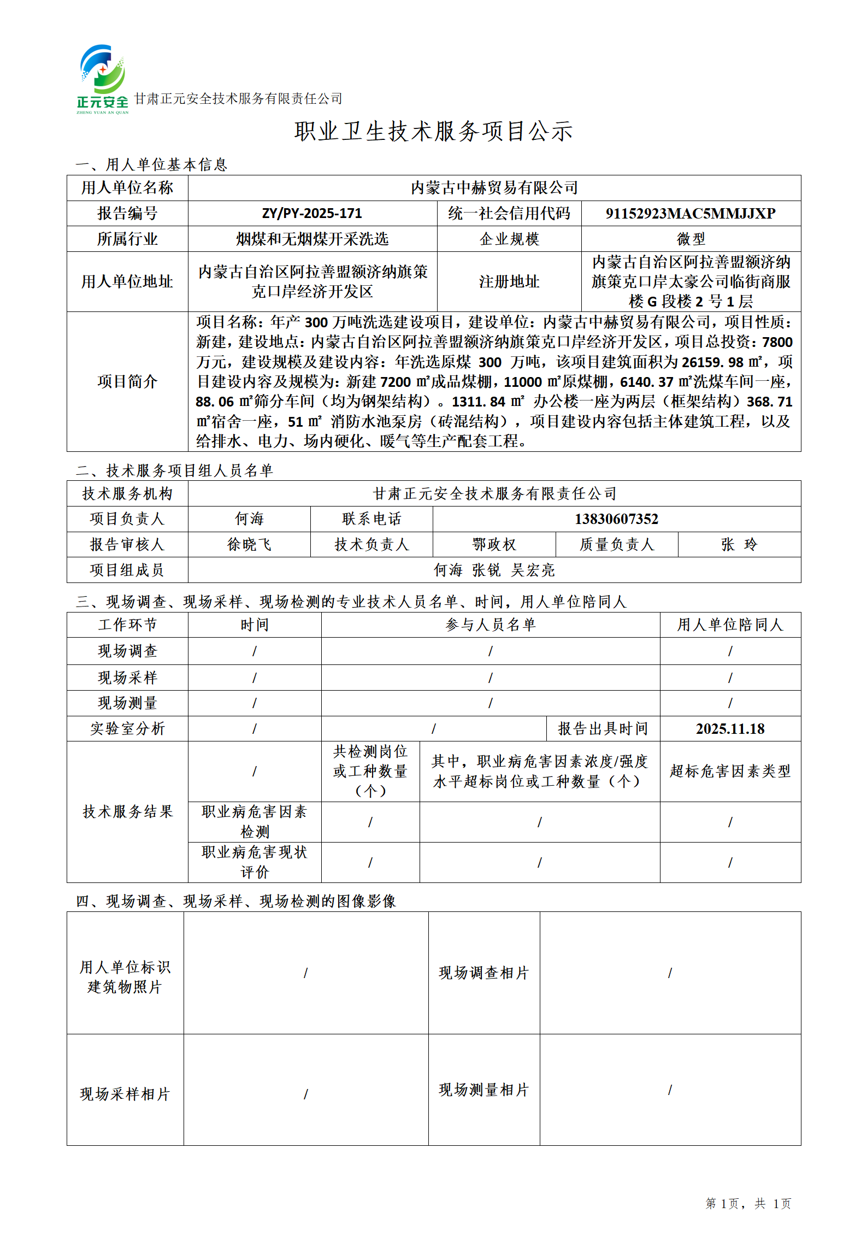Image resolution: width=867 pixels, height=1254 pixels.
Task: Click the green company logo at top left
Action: tap(103, 78)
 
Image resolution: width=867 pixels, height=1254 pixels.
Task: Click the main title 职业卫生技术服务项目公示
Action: tap(433, 132)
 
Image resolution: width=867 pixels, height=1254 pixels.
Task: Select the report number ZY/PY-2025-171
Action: tap(312, 213)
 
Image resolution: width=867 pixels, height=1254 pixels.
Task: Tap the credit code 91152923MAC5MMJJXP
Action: tap(691, 213)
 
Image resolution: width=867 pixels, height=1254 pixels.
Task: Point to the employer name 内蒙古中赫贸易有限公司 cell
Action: tap(494, 188)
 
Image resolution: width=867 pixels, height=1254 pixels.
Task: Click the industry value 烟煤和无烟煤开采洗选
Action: tap(312, 239)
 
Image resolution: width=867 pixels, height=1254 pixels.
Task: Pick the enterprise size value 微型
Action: tap(691, 239)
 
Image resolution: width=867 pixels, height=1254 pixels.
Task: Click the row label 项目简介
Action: tap(127, 381)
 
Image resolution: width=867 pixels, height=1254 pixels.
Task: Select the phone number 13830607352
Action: tap(616, 519)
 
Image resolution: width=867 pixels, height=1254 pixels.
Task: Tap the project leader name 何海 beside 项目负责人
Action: tap(249, 519)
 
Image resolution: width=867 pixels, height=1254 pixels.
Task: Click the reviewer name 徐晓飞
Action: tap(249, 545)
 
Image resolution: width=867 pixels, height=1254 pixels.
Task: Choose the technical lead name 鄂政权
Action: tap(494, 545)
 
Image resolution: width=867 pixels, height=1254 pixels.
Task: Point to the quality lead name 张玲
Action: tap(739, 545)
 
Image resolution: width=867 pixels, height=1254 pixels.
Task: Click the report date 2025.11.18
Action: tap(730, 729)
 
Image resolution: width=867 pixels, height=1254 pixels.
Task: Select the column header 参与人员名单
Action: tap(490, 625)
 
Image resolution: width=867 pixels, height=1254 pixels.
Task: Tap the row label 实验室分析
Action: tap(127, 729)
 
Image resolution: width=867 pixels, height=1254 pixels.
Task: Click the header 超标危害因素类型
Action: tap(730, 772)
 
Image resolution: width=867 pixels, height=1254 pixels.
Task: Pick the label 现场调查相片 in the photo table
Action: tap(483, 973)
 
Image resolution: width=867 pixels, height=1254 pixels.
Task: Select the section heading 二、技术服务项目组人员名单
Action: tap(174, 470)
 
